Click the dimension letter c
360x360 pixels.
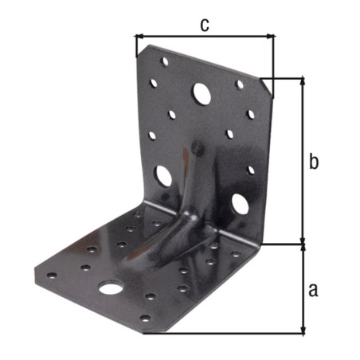(x=205, y=25)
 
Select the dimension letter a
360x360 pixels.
(x=313, y=290)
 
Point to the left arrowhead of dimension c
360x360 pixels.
(x=139, y=36)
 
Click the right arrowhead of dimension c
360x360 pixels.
(x=271, y=36)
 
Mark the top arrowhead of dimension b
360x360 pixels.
(x=303, y=81)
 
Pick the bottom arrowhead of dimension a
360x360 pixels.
(x=303, y=330)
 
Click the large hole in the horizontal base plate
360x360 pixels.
(x=110, y=288)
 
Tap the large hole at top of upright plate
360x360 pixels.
(x=202, y=93)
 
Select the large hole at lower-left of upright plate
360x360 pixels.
(x=163, y=176)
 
